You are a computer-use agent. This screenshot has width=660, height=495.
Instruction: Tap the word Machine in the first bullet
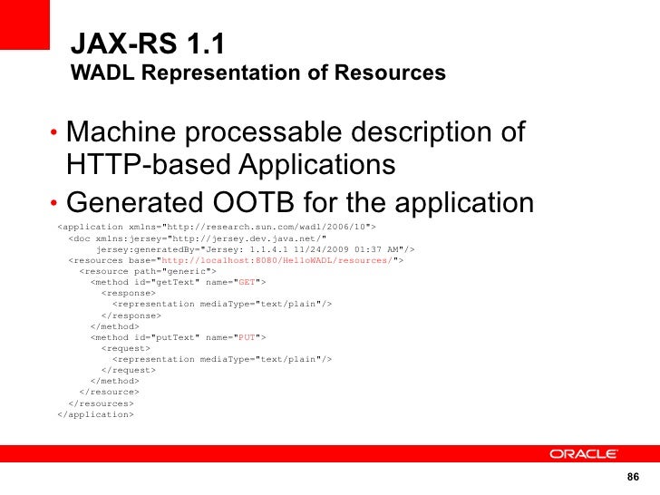click(x=123, y=132)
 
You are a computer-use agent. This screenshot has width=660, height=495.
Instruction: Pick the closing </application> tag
click(x=95, y=413)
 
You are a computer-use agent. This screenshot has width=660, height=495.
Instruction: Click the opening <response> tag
click(x=128, y=293)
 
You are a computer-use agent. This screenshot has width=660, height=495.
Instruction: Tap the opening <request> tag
click(x=125, y=347)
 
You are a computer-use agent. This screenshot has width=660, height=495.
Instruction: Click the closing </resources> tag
click(x=101, y=403)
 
